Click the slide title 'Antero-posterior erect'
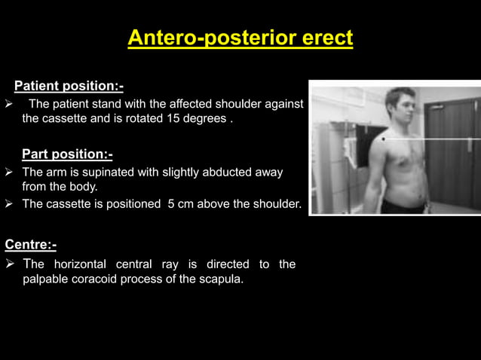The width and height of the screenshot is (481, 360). pyautogui.click(x=240, y=38)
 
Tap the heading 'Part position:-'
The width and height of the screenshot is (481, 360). pyautogui.click(x=67, y=154)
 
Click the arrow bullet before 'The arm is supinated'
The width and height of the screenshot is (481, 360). pyautogui.click(x=9, y=172)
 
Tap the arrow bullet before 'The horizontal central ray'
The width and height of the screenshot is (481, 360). pyautogui.click(x=9, y=264)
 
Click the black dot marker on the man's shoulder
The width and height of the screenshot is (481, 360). pyautogui.click(x=384, y=139)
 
